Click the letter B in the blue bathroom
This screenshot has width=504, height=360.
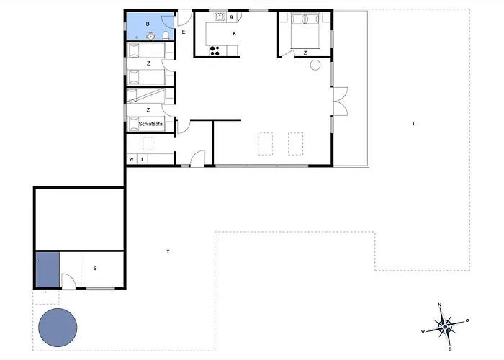(x=148, y=24)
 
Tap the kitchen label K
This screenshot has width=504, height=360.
(x=235, y=33)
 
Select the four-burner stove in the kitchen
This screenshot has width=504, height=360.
(x=215, y=51)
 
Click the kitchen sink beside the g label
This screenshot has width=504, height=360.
(x=220, y=17)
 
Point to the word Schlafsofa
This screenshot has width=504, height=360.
(x=150, y=124)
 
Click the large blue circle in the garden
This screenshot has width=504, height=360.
(x=58, y=328)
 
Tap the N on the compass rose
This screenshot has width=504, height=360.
(x=440, y=305)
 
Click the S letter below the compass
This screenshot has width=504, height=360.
(x=450, y=349)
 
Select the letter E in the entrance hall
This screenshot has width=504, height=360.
(x=184, y=32)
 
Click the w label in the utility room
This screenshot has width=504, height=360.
(x=131, y=159)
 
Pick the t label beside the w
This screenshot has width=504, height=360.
(x=142, y=159)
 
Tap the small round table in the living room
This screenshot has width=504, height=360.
(x=315, y=65)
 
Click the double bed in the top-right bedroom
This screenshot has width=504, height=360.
(x=305, y=31)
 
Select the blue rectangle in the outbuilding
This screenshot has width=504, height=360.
(x=48, y=270)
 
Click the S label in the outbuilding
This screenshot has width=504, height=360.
(x=95, y=268)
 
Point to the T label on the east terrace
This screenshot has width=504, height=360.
(x=414, y=123)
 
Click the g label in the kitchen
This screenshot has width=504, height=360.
(x=231, y=17)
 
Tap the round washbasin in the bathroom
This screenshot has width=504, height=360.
(x=150, y=36)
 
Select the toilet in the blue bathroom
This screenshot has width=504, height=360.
(x=166, y=35)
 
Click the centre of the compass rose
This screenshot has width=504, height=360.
(x=445, y=327)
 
